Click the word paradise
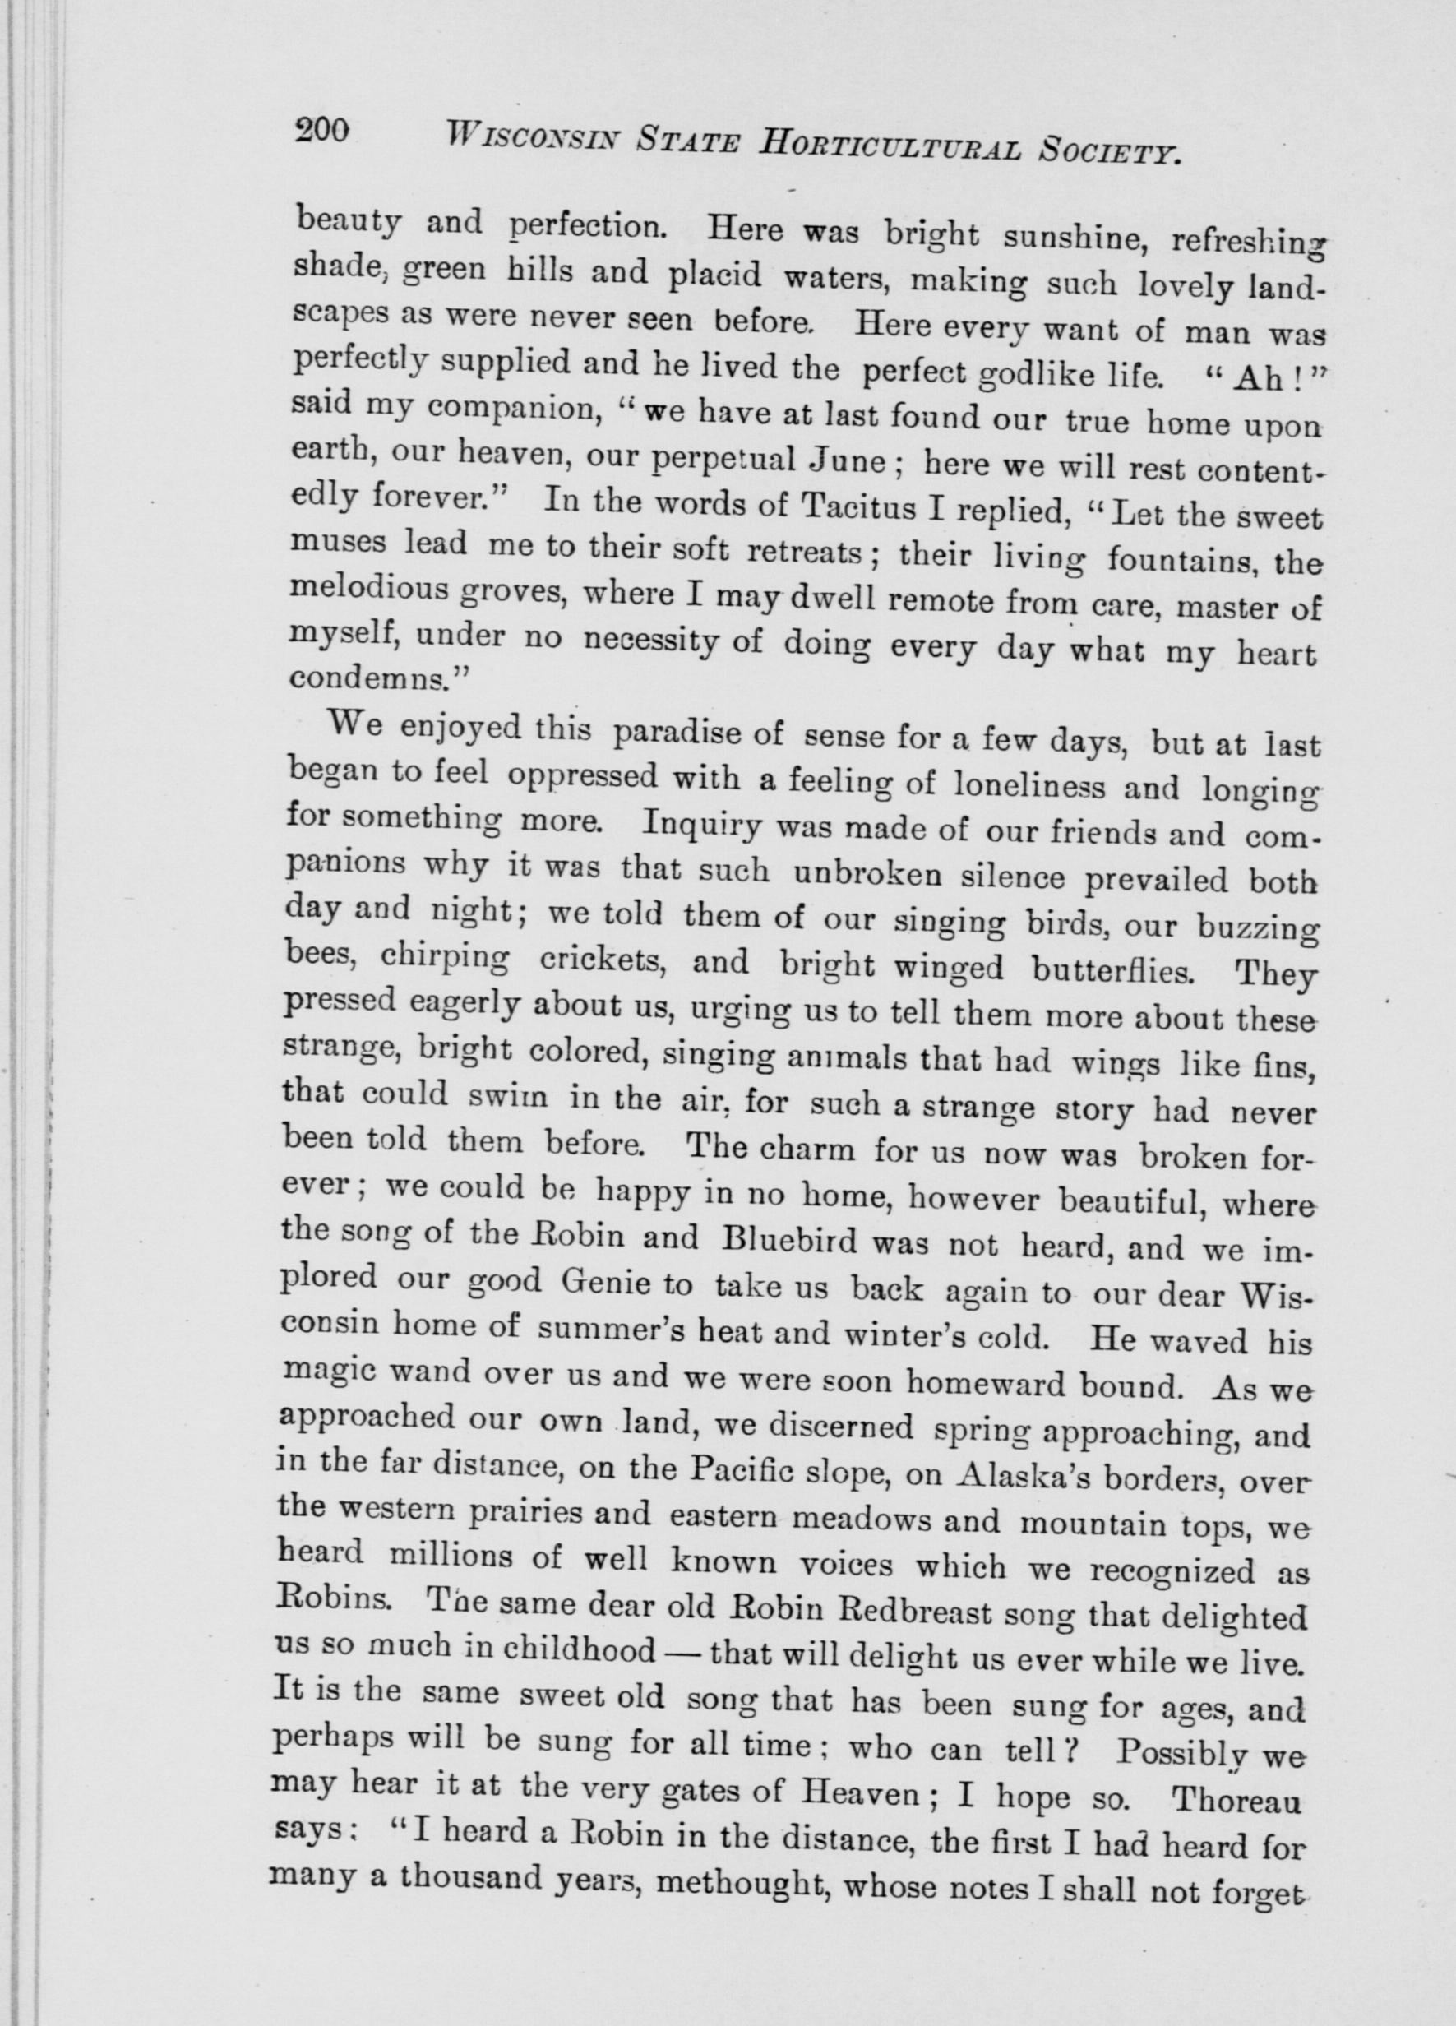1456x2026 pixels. (676, 736)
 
